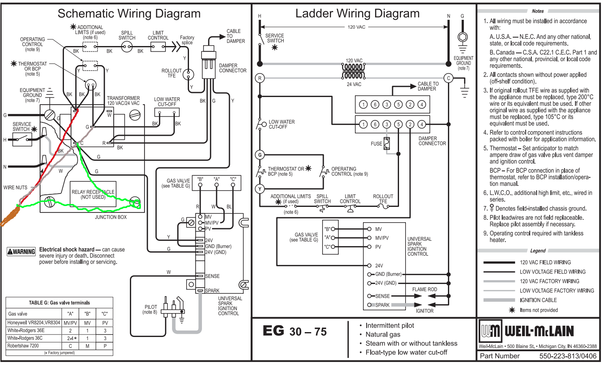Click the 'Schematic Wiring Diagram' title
pos(129,14)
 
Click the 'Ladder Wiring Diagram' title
pos(357,14)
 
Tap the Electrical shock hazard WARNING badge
pos(21,252)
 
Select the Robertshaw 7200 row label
pos(23,346)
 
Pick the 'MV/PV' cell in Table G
pos(70,323)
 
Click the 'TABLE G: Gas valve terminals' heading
pos(59,303)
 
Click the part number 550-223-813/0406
pos(567,356)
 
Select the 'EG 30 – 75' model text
pos(295,331)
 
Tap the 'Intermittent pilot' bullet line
pos(389,326)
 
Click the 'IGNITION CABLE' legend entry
pos(538,300)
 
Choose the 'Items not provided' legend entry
pos(539,310)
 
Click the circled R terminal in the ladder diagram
pos(260,78)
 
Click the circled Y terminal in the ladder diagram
pos(260,189)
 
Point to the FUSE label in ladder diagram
pos(376,144)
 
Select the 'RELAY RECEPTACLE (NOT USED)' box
pos(93,194)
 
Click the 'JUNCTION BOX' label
pos(110,217)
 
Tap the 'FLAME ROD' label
pos(425,290)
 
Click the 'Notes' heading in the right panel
pos(537,11)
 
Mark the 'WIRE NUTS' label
pos(15,187)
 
